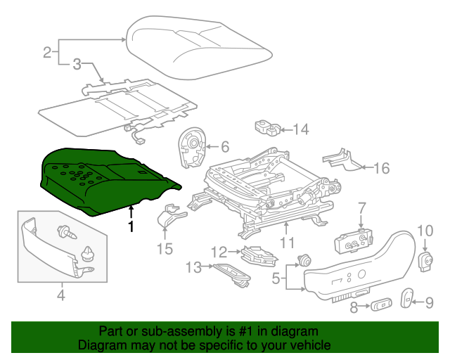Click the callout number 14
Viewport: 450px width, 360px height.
click(301, 129)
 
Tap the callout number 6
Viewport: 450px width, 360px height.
click(224, 147)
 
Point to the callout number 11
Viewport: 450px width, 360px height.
click(288, 243)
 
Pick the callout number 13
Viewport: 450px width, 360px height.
click(193, 266)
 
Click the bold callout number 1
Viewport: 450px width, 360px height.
click(130, 226)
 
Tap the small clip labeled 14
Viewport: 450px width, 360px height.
click(266, 128)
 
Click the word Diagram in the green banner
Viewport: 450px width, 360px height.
click(101, 346)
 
